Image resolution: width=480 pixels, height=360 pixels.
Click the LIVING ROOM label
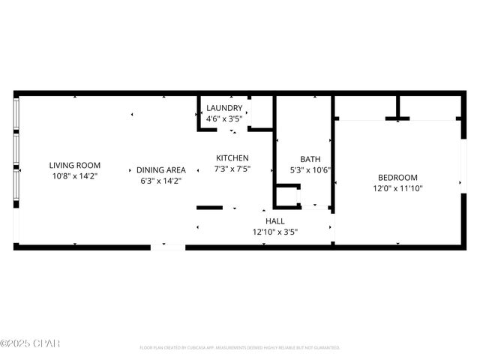[x=75, y=166]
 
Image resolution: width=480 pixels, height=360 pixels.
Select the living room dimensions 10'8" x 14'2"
[x=75, y=176]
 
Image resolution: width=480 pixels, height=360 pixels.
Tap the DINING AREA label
[x=160, y=170]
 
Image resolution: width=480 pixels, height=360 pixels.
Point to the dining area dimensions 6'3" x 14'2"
[x=160, y=181]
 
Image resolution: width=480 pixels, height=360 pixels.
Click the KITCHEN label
[x=232, y=158]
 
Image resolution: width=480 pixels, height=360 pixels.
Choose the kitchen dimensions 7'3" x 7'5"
[x=232, y=169]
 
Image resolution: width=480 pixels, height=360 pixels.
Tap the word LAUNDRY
[x=224, y=108]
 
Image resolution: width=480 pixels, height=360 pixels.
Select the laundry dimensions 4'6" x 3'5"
[x=224, y=118]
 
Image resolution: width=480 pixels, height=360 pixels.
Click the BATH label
[x=310, y=159]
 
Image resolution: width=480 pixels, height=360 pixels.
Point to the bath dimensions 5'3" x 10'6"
[x=310, y=169]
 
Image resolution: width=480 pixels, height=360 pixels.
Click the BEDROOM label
[x=397, y=178]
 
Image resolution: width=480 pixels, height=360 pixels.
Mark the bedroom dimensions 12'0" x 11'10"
[x=397, y=188]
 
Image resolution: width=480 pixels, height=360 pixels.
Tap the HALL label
[x=275, y=221]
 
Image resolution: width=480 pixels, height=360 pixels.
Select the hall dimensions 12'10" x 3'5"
[x=275, y=232]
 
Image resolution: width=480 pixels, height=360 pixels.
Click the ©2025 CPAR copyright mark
[x=30, y=344]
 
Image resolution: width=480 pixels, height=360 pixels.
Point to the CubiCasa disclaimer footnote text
[x=240, y=348]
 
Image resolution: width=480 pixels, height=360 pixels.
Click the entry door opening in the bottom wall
[x=173, y=246]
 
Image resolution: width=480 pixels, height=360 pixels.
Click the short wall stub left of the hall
[x=209, y=208]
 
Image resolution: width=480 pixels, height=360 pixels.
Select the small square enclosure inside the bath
[x=286, y=197]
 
